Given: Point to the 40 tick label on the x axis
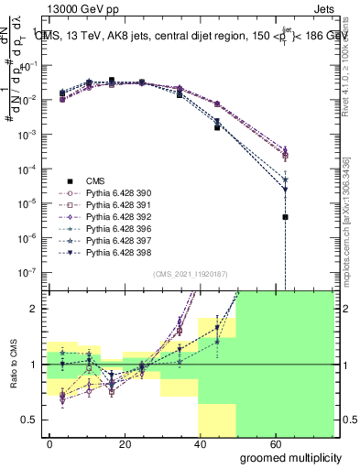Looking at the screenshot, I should (x=202, y=442).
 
